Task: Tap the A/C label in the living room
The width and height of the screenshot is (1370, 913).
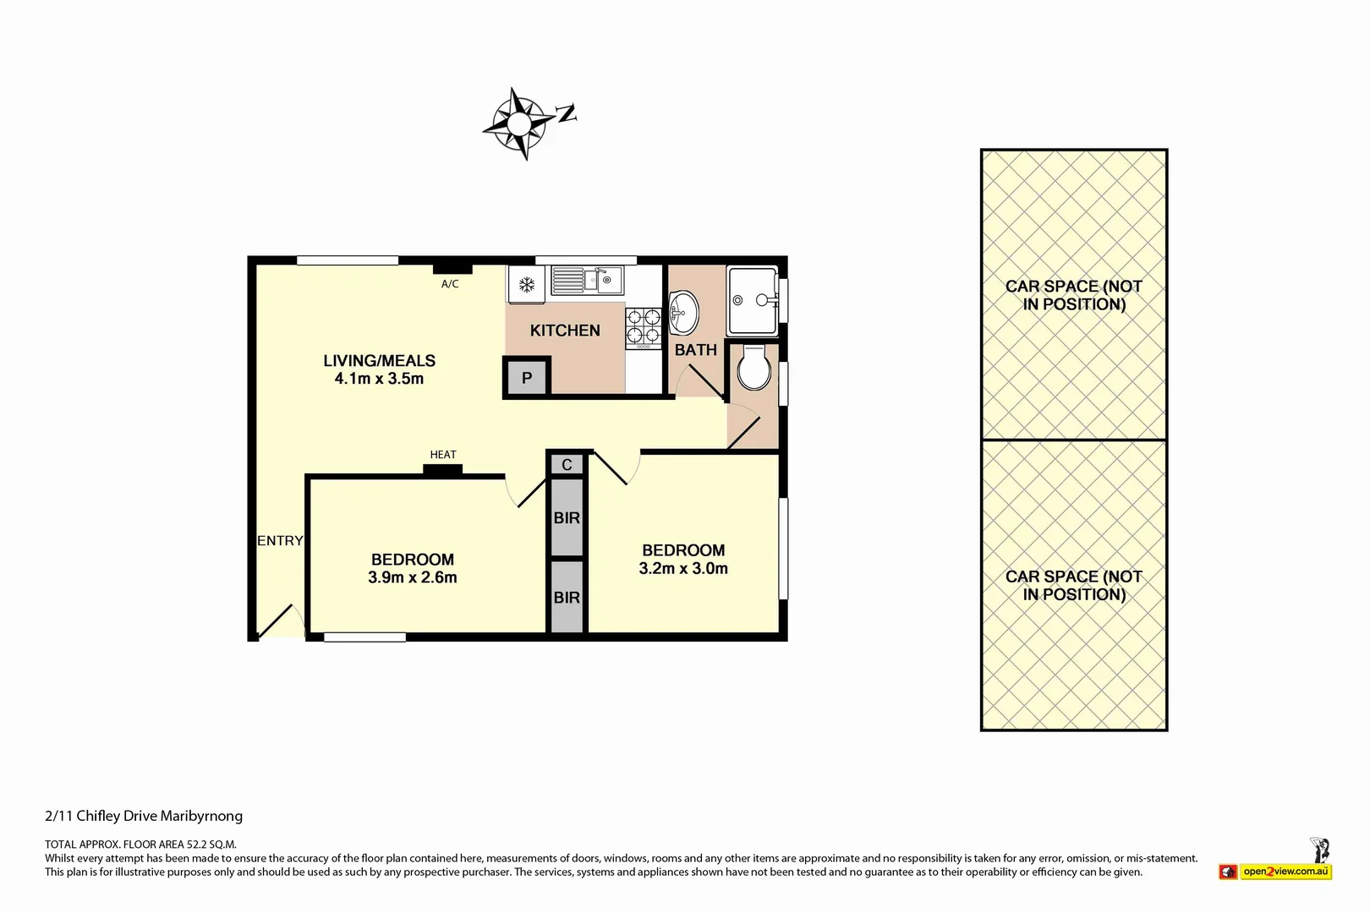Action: [450, 284]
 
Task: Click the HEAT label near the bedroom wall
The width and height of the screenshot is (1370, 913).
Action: [443, 455]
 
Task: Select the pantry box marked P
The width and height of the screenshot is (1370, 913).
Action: [527, 378]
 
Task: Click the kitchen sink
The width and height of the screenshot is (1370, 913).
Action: [587, 280]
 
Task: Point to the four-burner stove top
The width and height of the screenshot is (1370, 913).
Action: [643, 328]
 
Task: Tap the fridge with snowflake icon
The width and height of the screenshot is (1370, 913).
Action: [526, 284]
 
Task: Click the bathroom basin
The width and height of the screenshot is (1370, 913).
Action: [683, 313]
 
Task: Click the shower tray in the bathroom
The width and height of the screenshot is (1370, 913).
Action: [752, 301]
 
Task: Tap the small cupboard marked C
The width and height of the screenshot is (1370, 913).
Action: [567, 465]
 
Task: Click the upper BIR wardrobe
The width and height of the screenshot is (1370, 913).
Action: [567, 517]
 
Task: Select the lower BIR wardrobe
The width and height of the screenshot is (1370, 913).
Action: [567, 597]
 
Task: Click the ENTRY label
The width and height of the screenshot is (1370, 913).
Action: [280, 541]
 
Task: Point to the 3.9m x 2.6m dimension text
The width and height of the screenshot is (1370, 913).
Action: [413, 577]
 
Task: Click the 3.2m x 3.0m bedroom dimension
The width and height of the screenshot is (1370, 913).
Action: [683, 569]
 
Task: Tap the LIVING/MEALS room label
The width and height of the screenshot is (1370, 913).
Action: [379, 361]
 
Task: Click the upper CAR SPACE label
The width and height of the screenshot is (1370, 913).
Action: [1074, 295]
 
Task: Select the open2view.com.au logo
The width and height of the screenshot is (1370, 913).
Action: [1285, 872]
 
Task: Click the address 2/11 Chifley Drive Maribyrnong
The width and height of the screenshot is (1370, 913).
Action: [144, 816]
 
